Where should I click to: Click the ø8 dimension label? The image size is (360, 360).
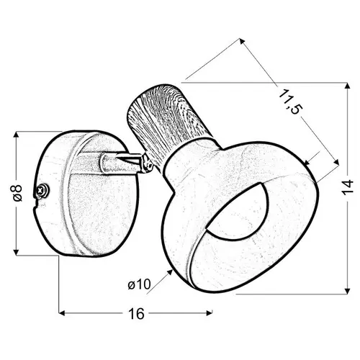[17, 193]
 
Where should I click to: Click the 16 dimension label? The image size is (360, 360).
[136, 313]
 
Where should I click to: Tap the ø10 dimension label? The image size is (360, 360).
[139, 284]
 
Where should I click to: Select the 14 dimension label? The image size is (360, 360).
[348, 187]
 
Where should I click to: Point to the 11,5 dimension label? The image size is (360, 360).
[289, 102]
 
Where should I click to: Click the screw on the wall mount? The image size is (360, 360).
[42, 190]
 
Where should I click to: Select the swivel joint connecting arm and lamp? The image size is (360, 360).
[147, 163]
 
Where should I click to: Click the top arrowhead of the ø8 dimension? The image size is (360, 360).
[16, 135]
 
